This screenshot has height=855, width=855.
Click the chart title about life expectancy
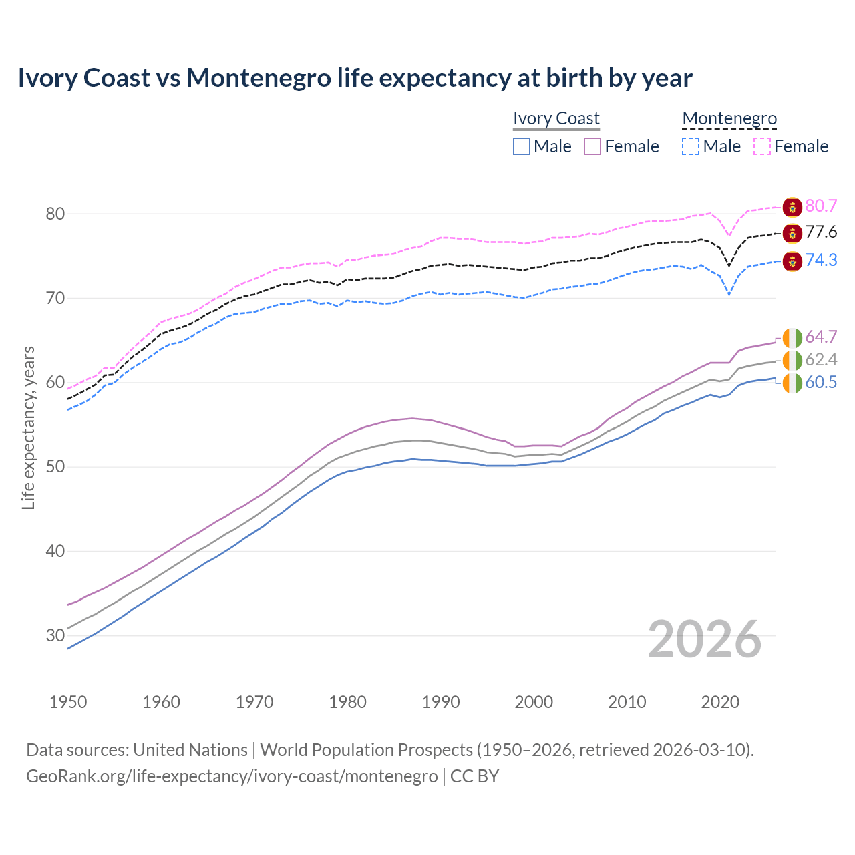coord(355,78)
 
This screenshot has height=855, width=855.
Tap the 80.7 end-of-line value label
coord(821,206)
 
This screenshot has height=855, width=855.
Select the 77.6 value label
coord(821,232)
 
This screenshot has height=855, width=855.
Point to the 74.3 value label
coord(821,260)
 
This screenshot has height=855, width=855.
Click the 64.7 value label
coord(821,337)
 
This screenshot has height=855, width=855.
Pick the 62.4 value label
coord(821,360)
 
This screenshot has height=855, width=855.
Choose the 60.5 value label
coord(821,383)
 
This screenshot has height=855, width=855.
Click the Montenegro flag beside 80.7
coord(792,207)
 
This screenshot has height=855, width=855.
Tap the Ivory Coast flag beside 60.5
coord(792,383)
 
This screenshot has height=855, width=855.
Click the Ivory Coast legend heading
coord(556,118)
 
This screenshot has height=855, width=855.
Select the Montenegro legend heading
coord(729,118)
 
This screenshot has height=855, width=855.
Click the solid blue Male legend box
coord(522,146)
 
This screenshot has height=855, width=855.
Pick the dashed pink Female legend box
coord(762,146)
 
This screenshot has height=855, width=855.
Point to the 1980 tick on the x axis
coord(348,702)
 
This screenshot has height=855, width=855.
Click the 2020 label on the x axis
coord(720,702)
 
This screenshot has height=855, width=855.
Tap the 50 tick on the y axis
coord(55,466)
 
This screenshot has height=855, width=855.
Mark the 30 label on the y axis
coord(55,635)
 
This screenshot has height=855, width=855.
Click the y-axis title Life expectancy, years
coord(28,427)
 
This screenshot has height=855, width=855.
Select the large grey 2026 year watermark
coord(705,639)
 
